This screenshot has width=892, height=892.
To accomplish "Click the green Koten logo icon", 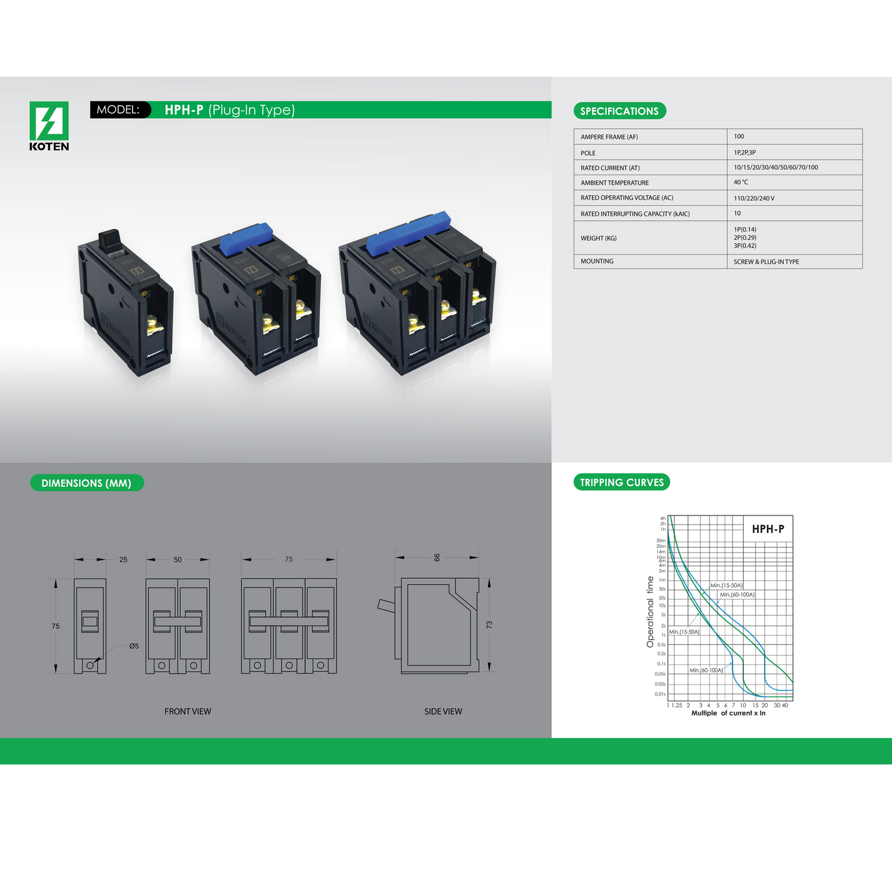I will pos(49,121).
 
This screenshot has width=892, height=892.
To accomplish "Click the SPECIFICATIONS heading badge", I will pos(619,111).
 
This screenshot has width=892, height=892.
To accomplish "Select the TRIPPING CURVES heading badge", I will pos(621,482).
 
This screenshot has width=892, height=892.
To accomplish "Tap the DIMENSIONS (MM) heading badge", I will pos(86,483).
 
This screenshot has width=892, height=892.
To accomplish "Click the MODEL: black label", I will pos(119,109).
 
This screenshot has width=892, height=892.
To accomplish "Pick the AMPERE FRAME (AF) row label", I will pos(609,137).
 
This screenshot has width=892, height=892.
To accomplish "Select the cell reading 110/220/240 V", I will pos(754,198).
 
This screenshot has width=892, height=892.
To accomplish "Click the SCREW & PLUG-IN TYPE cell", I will pos(766,262).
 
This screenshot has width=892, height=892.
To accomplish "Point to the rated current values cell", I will pos(776,168).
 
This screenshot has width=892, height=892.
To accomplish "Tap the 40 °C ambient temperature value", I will pos(741,183).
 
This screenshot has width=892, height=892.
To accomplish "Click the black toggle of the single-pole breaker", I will pos(109,238).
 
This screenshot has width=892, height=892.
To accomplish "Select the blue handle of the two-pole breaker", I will pos(246,237).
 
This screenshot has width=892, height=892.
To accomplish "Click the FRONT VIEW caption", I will pos(188,711).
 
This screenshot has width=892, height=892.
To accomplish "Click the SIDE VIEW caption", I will pos(443,711).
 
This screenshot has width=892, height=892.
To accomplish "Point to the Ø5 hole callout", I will pos(134,646).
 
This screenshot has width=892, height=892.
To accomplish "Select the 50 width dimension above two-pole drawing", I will pos(178,560).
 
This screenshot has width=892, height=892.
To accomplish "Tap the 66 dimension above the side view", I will pos(437,557).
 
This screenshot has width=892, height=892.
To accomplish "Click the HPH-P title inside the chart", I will pos(768,529).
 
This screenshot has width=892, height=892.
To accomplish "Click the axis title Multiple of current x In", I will pos(728,713).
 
